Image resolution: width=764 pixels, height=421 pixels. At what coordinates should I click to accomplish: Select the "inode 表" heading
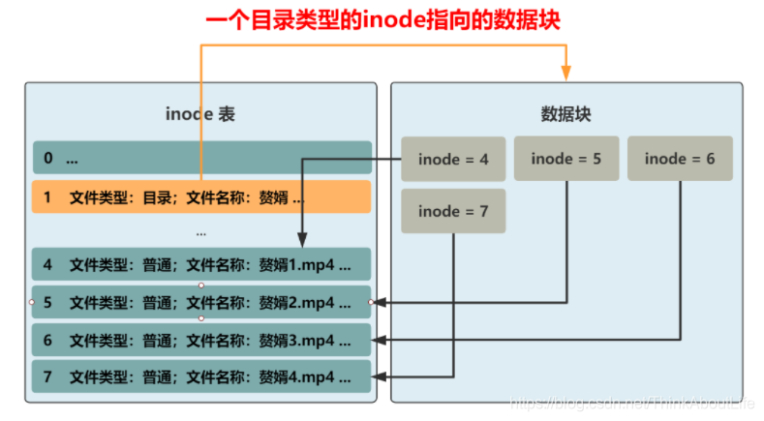click(x=200, y=114)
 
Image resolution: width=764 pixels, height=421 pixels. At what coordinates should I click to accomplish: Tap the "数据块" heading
click(x=565, y=114)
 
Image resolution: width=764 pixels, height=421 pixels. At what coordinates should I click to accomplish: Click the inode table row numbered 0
click(x=201, y=158)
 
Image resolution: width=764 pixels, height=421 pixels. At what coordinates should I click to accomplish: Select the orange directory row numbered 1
click(x=201, y=196)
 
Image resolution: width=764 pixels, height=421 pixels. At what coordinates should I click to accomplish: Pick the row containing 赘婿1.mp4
click(x=201, y=264)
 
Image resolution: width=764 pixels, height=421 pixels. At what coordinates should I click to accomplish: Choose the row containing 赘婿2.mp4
click(x=201, y=302)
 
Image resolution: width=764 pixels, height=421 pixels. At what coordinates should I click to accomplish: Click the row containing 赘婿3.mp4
click(x=201, y=340)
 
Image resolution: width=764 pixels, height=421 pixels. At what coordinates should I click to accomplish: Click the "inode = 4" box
click(x=453, y=159)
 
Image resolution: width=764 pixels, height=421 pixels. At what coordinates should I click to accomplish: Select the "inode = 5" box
click(x=566, y=159)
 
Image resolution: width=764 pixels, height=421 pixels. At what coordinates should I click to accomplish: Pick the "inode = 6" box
click(x=680, y=159)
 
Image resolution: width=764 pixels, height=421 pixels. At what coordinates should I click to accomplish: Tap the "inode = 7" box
click(x=453, y=211)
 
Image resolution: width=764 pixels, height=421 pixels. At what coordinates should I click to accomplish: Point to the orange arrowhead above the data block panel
click(x=566, y=73)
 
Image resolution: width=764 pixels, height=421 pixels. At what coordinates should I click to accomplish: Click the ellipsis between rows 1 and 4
click(x=201, y=232)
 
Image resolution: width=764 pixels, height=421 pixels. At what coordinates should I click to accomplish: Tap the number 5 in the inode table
click(x=47, y=302)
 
